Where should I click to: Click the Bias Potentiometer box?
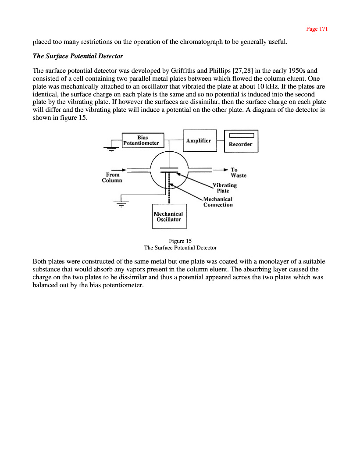[x=143, y=140]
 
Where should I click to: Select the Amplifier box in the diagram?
[x=200, y=141]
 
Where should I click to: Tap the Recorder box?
[x=241, y=141]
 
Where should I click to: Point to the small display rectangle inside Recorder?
[x=241, y=135]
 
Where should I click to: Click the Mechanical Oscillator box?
[x=169, y=216]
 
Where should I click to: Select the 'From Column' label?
[x=112, y=177]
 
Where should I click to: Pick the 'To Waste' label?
[x=238, y=173]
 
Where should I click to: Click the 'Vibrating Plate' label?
[x=224, y=188]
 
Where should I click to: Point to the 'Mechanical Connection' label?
[x=218, y=202]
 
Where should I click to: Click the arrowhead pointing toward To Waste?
[x=225, y=170]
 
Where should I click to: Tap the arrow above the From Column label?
[x=119, y=170]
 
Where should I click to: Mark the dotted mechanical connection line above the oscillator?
[x=169, y=193]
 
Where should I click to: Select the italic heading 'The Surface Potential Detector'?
[x=78, y=56]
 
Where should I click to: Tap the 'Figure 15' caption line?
[x=180, y=241]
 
